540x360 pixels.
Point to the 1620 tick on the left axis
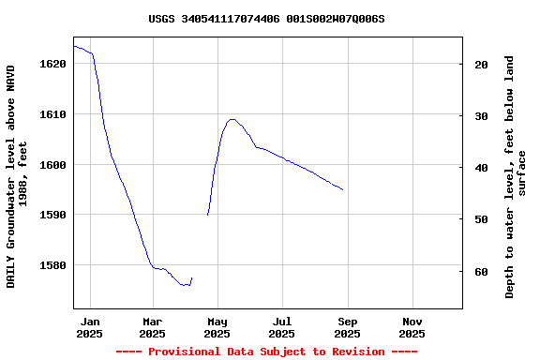(53, 64)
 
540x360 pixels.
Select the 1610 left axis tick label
(53, 114)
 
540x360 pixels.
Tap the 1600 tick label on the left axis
(53, 165)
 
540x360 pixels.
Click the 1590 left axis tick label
(53, 215)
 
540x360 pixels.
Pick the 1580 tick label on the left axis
(53, 265)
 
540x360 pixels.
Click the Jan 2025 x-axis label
(90, 327)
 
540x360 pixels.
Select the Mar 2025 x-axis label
(152, 327)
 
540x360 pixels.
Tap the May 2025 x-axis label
(217, 327)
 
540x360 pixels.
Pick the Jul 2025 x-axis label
(281, 327)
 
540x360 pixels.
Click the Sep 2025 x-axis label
(347, 327)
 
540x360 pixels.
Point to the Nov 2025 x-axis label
(412, 327)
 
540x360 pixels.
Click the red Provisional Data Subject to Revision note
(266, 352)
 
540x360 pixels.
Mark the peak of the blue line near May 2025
(232, 119)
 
